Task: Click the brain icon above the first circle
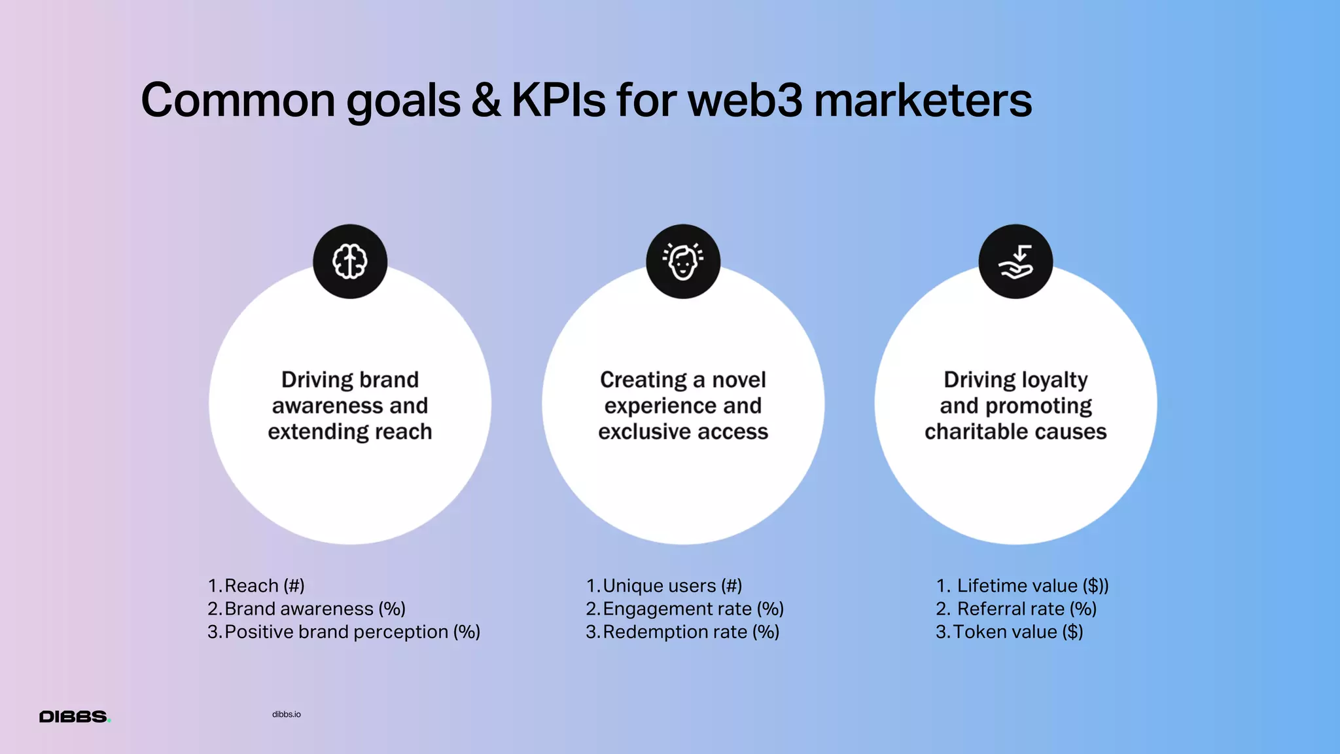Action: point(350,262)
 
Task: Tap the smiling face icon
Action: point(683,262)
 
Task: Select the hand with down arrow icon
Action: point(1015,262)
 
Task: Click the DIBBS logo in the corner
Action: point(75,717)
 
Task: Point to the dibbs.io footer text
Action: point(287,714)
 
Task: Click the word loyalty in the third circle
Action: point(1054,380)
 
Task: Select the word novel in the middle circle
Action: point(739,380)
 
